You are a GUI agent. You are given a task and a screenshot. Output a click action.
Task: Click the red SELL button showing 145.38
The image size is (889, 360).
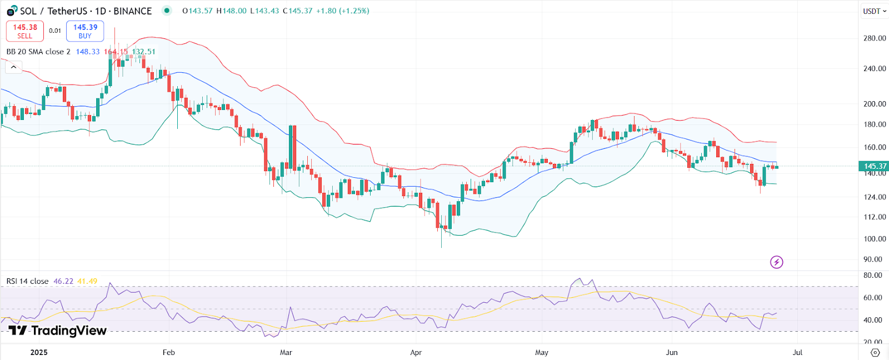(x=25, y=31)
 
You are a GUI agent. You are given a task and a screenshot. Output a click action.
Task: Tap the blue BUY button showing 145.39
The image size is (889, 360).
(x=85, y=31)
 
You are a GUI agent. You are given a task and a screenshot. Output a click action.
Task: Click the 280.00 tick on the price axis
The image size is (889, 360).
(x=875, y=38)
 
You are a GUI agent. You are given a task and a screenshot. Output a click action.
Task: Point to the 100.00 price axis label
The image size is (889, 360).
(x=875, y=239)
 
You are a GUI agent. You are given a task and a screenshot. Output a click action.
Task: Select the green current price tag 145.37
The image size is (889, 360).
(x=874, y=166)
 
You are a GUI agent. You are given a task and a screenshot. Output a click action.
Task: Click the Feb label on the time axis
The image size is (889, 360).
(x=168, y=352)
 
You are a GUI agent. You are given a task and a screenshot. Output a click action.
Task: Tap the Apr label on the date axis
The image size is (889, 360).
(x=416, y=352)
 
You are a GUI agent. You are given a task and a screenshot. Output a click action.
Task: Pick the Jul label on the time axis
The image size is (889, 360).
(x=797, y=352)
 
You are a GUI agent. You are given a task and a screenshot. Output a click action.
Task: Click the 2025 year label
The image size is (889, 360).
(x=39, y=352)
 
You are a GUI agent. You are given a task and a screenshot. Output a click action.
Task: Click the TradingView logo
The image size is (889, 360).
(x=57, y=331)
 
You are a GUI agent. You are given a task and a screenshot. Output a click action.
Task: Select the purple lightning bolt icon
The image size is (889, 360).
(x=776, y=262)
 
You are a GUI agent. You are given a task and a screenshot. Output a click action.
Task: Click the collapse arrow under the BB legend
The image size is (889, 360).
(x=13, y=67)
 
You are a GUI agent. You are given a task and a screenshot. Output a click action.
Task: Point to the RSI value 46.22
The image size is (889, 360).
(x=63, y=281)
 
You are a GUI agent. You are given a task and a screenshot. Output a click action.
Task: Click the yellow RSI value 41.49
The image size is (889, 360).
(x=87, y=281)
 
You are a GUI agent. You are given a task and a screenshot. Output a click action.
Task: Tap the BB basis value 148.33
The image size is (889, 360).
(x=88, y=52)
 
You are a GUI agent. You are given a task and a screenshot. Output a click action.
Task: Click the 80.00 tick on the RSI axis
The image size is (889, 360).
(x=873, y=275)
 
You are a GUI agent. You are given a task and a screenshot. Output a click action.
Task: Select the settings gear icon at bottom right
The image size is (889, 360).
(x=875, y=352)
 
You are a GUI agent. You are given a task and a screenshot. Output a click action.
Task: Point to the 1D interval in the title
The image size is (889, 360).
(x=101, y=11)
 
